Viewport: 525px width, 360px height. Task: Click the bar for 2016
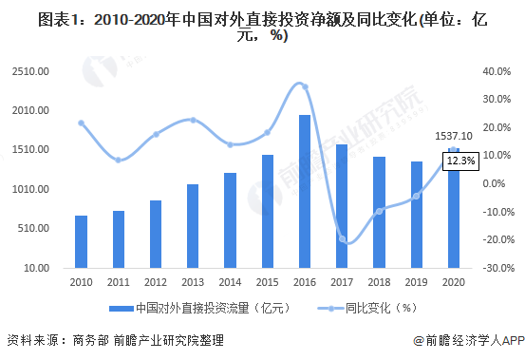[305, 191]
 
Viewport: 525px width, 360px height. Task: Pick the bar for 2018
[379, 212]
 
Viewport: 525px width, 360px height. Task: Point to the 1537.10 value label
[454, 137]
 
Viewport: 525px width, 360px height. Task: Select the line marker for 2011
[119, 160]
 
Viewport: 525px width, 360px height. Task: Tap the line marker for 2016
[304, 86]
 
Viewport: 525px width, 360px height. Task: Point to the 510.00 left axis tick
[33, 228]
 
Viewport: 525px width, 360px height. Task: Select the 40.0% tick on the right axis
[497, 71]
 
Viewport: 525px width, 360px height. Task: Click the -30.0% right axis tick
[497, 268]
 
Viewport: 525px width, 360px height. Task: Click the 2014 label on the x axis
[230, 281]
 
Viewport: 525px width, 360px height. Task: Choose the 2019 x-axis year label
[416, 281]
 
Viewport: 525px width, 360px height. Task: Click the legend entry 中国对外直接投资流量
[197, 308]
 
